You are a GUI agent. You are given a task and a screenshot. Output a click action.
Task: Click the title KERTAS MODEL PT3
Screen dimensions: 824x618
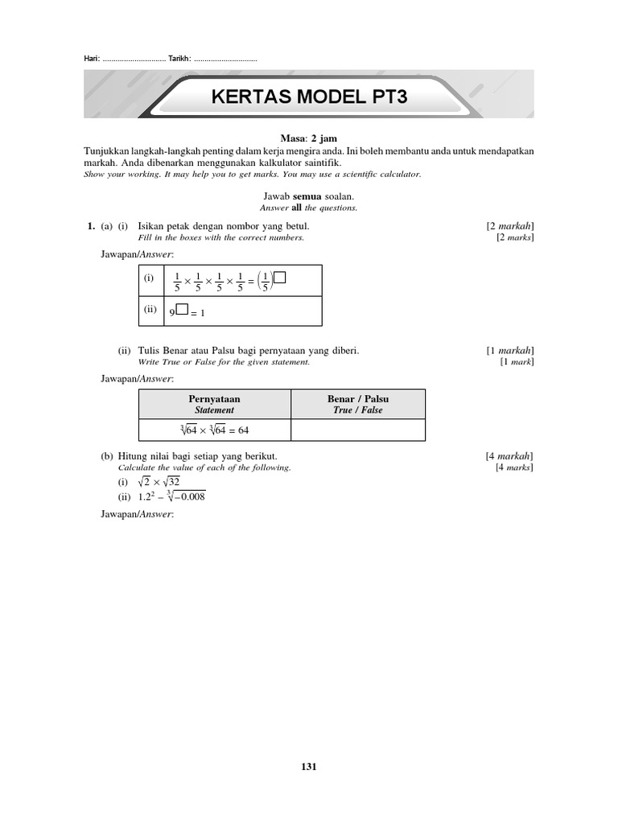(309, 97)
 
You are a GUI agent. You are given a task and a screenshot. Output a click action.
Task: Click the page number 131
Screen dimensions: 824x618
(309, 767)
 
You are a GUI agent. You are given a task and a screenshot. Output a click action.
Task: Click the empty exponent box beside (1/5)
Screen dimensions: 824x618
(280, 278)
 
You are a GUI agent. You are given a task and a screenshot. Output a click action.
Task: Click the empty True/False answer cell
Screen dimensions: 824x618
(357, 431)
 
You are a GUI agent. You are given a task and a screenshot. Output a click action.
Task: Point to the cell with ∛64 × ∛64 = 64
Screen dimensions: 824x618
(214, 431)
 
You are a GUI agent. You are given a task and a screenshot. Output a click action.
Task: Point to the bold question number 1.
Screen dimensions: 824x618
(91, 226)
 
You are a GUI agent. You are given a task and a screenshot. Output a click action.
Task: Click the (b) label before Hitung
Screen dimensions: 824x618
(107, 456)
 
